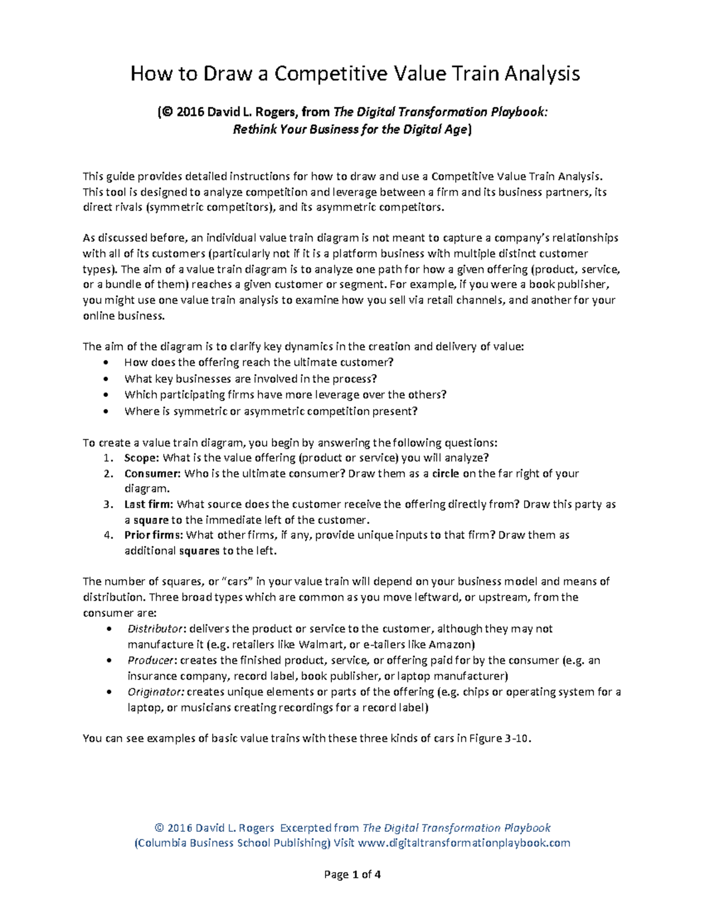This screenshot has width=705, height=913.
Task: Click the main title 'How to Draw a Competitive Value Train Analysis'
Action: pos(355,73)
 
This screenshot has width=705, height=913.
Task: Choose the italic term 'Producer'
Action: pos(150,660)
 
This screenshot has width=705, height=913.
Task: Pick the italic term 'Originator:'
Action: pos(156,691)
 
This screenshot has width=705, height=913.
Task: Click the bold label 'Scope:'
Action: pos(142,457)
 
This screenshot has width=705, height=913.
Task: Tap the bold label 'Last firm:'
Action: pos(149,504)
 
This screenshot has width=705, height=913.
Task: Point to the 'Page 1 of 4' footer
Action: pos(352,874)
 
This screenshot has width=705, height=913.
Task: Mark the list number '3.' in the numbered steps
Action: pos(107,504)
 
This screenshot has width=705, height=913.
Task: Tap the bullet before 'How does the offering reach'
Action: pos(106,363)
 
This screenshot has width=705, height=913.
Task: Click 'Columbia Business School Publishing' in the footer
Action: pos(233,843)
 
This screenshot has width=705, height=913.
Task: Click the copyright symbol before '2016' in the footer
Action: pos(159,828)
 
